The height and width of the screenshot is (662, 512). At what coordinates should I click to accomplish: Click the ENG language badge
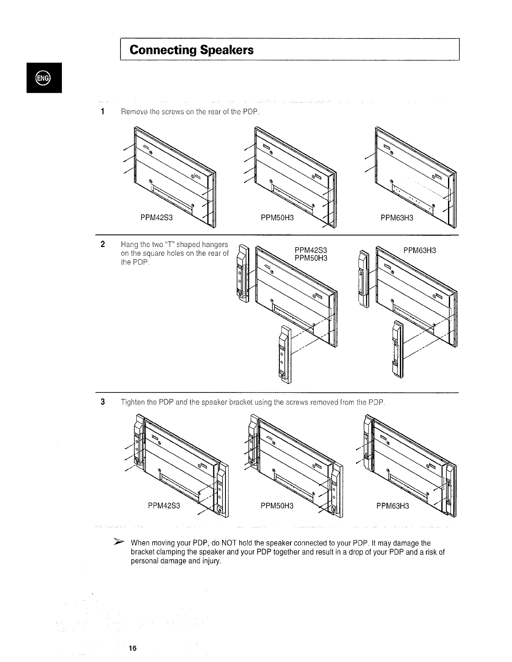pyautogui.click(x=43, y=78)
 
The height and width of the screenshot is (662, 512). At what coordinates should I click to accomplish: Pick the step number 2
pyautogui.click(x=102, y=244)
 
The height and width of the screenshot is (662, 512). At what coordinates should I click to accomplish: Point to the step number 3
pyautogui.click(x=102, y=402)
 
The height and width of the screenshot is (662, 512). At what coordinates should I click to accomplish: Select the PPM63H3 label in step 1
pyautogui.click(x=397, y=217)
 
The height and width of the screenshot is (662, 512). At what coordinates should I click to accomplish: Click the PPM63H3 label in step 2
pyautogui.click(x=420, y=250)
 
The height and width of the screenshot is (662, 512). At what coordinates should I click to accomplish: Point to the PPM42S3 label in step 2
pyautogui.click(x=311, y=250)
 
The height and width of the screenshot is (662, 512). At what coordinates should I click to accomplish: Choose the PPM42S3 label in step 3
pyautogui.click(x=164, y=506)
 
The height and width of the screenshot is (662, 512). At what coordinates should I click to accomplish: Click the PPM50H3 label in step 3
pyautogui.click(x=277, y=506)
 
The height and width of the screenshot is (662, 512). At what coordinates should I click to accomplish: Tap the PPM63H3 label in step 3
pyautogui.click(x=393, y=506)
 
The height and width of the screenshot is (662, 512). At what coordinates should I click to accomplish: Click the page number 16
pyautogui.click(x=133, y=648)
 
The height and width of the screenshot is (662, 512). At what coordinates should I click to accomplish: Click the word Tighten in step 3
pyautogui.click(x=132, y=402)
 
